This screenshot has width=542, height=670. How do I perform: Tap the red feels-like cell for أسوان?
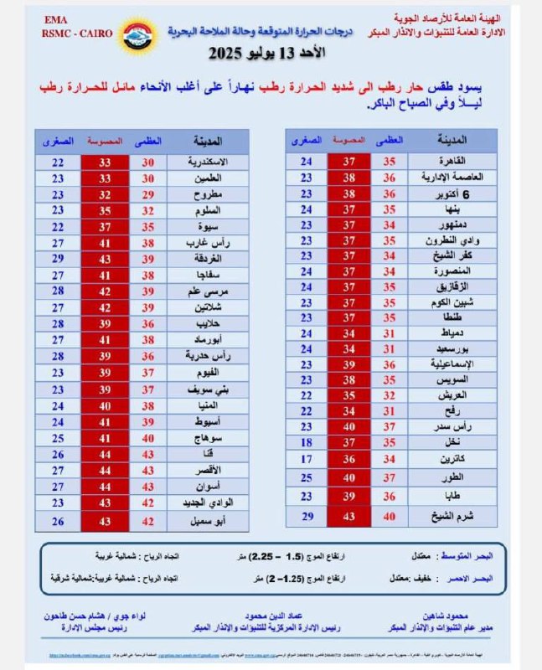coord(106,486)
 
